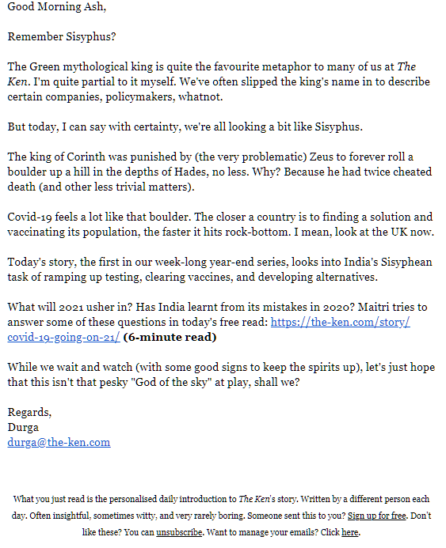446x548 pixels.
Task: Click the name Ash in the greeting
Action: pyautogui.click(x=93, y=8)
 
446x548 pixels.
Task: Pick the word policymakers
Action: pyautogui.click(x=167, y=96)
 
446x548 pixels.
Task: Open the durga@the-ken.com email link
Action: pyautogui.click(x=59, y=443)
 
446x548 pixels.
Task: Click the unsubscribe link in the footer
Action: pyautogui.click(x=180, y=532)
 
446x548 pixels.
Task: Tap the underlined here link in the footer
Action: pyautogui.click(x=349, y=532)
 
